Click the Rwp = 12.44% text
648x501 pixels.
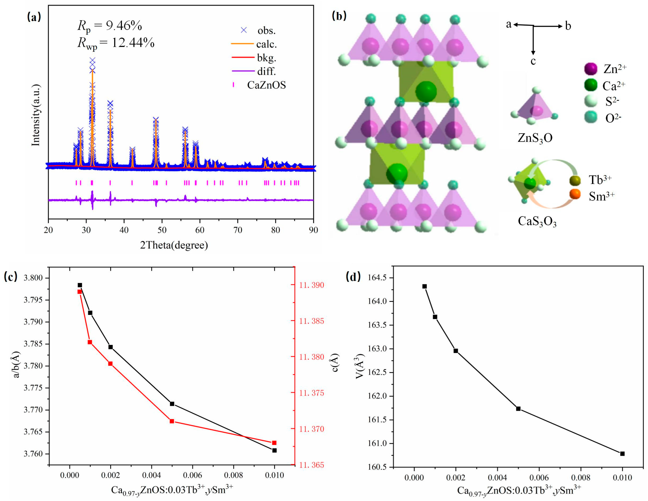coord(116,43)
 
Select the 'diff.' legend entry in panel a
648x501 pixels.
coord(266,71)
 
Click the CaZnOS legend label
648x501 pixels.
coord(266,85)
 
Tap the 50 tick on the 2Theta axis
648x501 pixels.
coord(162,230)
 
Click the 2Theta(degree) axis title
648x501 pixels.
coord(174,245)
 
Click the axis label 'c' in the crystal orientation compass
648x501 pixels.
coord(533,61)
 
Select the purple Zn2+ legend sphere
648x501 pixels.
coord(590,69)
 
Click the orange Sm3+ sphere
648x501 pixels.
coord(575,194)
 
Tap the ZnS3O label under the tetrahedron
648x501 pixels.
coord(535,138)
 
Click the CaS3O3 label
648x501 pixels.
coord(537,221)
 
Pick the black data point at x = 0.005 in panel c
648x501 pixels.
coord(172,404)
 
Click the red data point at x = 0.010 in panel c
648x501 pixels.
coord(274,443)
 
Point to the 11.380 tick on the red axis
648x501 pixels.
coord(312,357)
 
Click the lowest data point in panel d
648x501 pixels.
coord(622,454)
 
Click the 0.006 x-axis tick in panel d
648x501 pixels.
coord(539,478)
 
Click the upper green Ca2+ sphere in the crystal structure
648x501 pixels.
coord(426,92)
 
